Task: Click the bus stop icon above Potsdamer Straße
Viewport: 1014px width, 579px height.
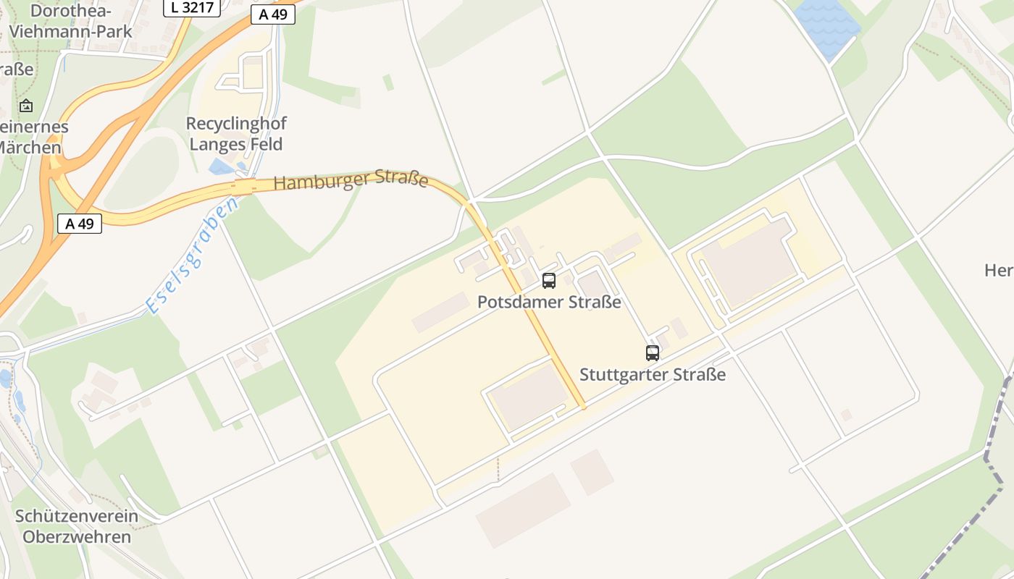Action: pyautogui.click(x=549, y=281)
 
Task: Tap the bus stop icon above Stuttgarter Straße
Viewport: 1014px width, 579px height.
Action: pyautogui.click(x=653, y=353)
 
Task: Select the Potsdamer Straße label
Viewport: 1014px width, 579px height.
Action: pyautogui.click(x=549, y=302)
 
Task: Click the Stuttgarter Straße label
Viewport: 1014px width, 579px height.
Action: pyautogui.click(x=653, y=374)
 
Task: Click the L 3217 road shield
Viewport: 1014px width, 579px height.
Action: pyautogui.click(x=191, y=8)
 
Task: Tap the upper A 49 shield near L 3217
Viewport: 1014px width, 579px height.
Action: pyautogui.click(x=273, y=15)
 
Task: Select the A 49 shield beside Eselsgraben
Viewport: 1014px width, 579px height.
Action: pyautogui.click(x=80, y=224)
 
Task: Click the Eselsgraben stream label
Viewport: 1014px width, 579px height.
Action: pyautogui.click(x=192, y=256)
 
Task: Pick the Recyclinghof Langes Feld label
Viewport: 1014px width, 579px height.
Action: pyautogui.click(x=235, y=134)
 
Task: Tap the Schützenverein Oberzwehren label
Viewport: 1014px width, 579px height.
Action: pyautogui.click(x=77, y=526)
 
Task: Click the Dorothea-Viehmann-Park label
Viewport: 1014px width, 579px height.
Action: pyautogui.click(x=71, y=21)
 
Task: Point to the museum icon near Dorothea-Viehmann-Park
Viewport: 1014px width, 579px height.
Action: pyautogui.click(x=26, y=106)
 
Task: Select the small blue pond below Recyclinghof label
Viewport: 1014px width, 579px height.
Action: pyautogui.click(x=220, y=168)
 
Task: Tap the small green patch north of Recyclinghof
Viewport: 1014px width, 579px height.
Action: pyautogui.click(x=388, y=83)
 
